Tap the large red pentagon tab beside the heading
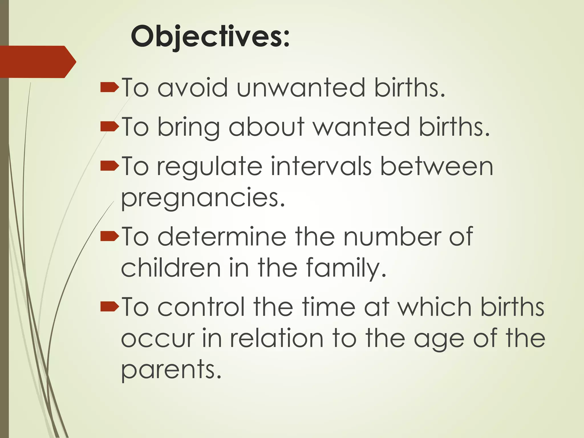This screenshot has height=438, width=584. [37, 62]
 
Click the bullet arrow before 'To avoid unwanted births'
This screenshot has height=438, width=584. [109, 88]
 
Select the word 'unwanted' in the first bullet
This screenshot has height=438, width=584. [301, 88]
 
